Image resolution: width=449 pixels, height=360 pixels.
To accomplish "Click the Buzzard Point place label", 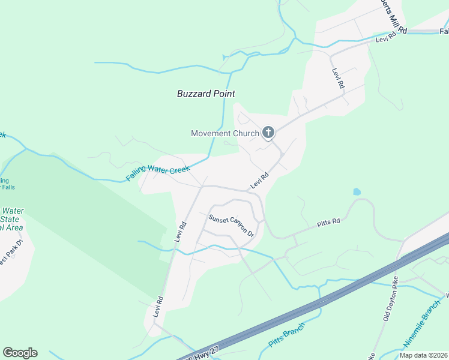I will click(206, 94).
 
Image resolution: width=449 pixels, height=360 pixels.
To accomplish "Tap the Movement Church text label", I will click(224, 133).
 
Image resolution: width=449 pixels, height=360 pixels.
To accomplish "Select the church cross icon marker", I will click(268, 133).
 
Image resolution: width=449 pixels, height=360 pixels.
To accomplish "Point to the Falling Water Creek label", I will click(158, 174).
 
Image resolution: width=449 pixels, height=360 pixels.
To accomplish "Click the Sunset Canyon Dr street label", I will click(232, 226).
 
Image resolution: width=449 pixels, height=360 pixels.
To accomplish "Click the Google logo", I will click(20, 353).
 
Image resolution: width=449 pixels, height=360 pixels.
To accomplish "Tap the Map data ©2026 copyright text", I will click(423, 355).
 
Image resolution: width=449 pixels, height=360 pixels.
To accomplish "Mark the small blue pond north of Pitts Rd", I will click(357, 193).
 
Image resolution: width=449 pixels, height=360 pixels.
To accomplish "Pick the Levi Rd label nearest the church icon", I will click(259, 180).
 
